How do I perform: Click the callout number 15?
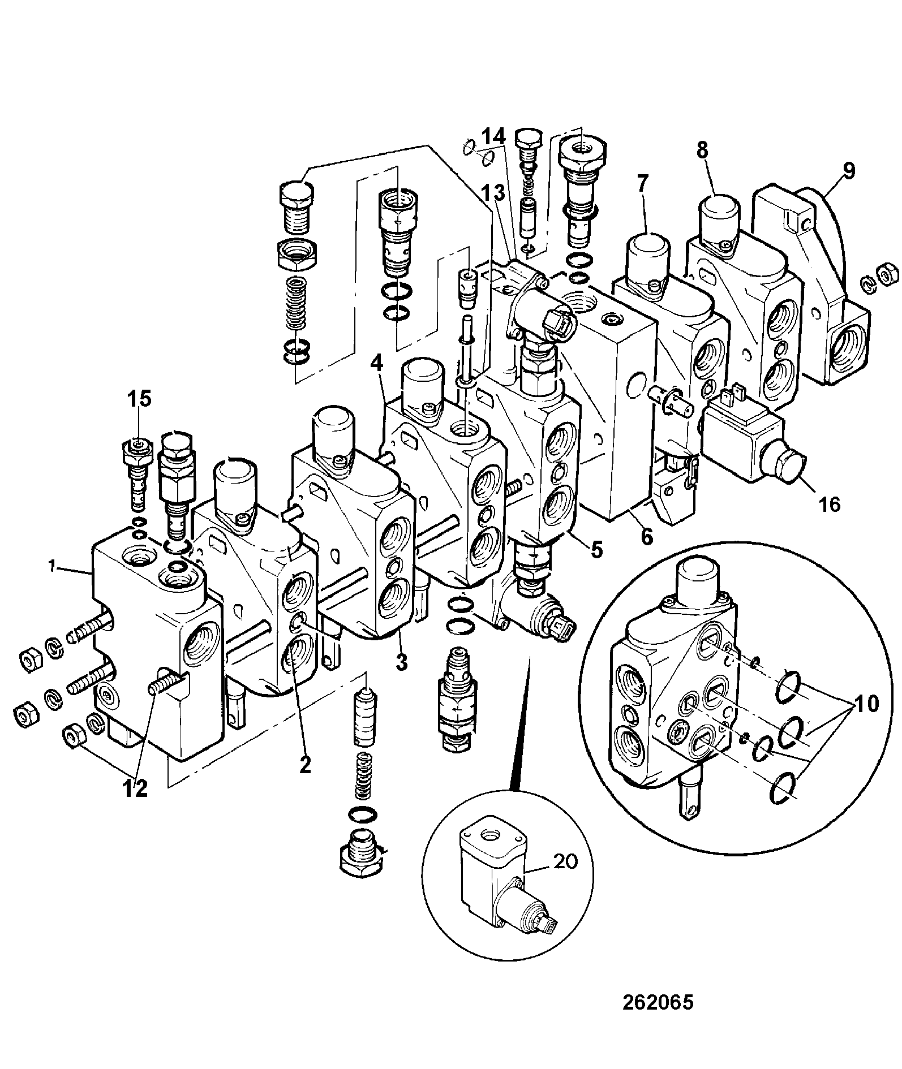coord(139,399)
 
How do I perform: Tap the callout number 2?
coord(305,765)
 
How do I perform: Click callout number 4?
coord(379,361)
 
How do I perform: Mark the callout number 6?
coord(646,535)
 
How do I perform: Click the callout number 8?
coord(702,151)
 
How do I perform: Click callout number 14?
coord(493,137)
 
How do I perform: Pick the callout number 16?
coord(830,504)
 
